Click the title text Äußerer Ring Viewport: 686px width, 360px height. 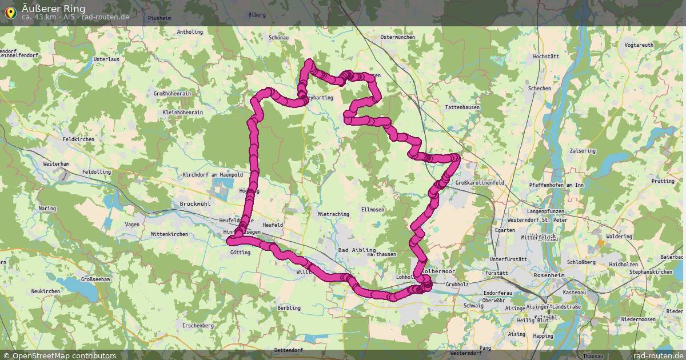click(x=54, y=8)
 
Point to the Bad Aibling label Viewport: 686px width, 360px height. click(x=357, y=250)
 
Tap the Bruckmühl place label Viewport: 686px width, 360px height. click(x=196, y=203)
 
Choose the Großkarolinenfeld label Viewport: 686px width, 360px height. click(x=480, y=183)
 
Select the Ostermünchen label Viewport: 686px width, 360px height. click(x=397, y=37)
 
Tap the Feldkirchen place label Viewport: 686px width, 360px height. click(x=78, y=139)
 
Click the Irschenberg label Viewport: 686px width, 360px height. click(x=198, y=325)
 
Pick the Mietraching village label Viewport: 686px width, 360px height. click(x=333, y=214)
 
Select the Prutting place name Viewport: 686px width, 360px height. click(x=663, y=181)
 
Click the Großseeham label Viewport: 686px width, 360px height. click(x=95, y=279)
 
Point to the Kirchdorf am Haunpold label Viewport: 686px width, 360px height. click(x=213, y=174)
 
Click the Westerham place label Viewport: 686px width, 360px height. click(x=56, y=164)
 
